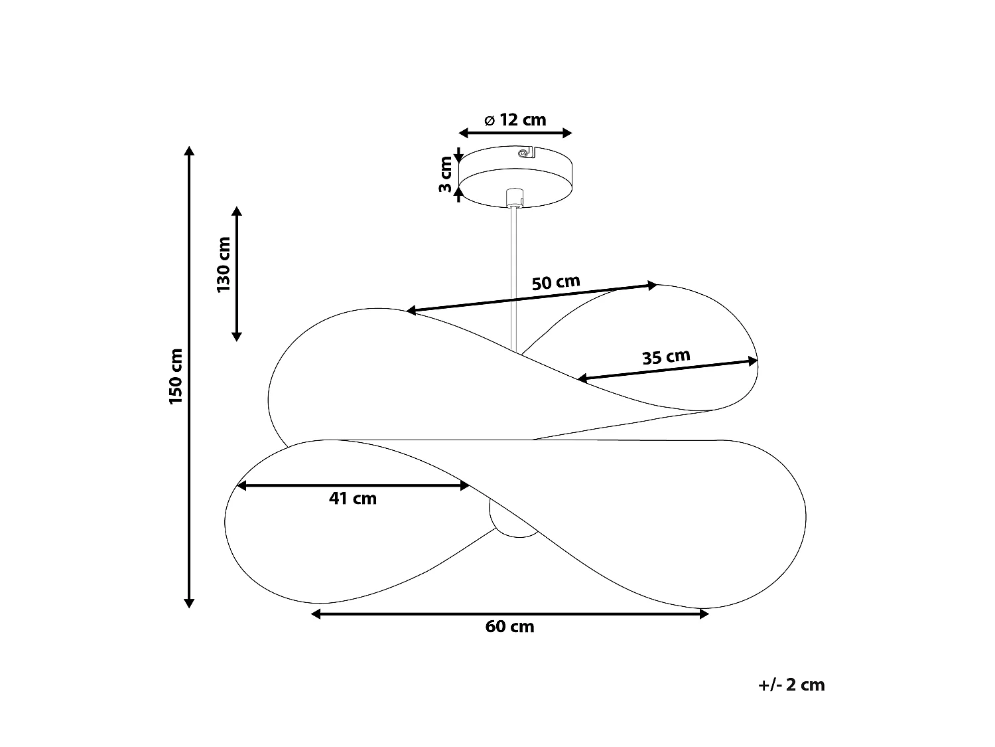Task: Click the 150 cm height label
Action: click(x=176, y=376)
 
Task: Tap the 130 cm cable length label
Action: click(x=224, y=264)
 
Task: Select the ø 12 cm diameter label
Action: click(x=515, y=120)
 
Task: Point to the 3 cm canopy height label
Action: click(x=446, y=174)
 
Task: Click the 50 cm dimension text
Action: click(x=556, y=283)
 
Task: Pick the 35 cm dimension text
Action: click(x=667, y=357)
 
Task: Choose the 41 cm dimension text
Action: click(x=353, y=499)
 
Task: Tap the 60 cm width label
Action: click(x=509, y=626)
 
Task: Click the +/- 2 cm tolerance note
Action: click(x=791, y=685)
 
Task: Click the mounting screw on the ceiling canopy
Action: click(x=523, y=153)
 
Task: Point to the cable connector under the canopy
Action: click(x=514, y=198)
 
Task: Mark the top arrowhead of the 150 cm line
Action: click(x=189, y=151)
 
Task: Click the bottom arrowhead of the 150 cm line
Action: click(x=189, y=603)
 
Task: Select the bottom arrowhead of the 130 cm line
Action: click(x=237, y=337)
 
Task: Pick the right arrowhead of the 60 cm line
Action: click(x=704, y=614)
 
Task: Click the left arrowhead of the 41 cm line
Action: click(x=241, y=486)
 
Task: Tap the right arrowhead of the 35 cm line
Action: click(x=753, y=361)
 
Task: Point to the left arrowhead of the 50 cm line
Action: click(x=411, y=310)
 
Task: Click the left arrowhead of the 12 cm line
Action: click(x=463, y=133)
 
